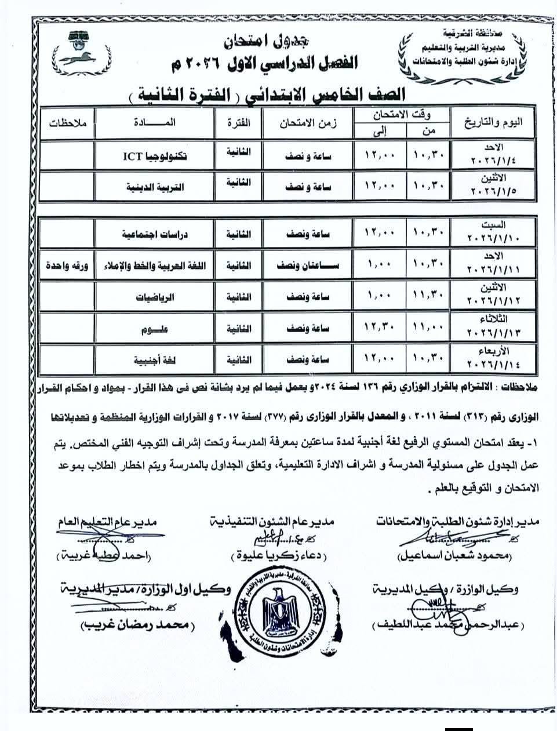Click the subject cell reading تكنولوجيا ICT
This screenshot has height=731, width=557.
[154, 156]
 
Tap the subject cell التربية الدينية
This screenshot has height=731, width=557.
[154, 187]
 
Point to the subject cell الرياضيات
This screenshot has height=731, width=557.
[154, 297]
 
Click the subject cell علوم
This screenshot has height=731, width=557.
[154, 329]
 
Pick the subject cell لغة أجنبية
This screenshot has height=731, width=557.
[154, 360]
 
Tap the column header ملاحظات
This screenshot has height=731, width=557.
[68, 123]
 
